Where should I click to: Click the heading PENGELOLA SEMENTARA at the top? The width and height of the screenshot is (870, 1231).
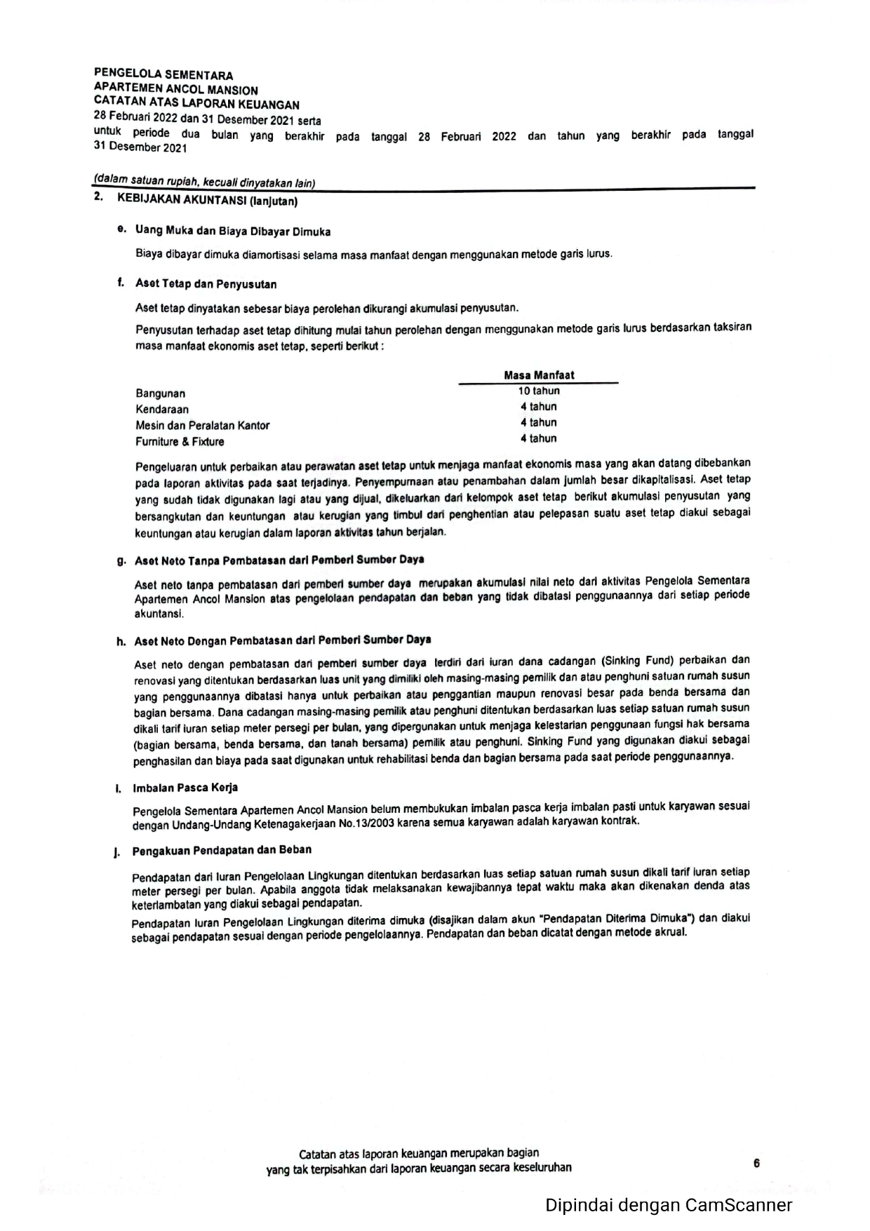[x=163, y=74]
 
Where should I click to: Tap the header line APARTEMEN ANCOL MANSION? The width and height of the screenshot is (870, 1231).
[x=175, y=90]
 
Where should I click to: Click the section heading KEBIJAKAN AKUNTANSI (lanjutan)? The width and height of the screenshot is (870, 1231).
[x=207, y=201]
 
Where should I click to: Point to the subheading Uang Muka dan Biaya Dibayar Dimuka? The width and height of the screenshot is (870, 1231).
[x=232, y=231]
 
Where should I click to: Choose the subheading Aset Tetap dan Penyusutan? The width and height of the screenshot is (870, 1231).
[x=206, y=284]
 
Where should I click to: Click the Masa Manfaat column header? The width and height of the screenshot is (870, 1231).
[x=539, y=375]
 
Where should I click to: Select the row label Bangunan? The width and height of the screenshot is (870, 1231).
[x=161, y=393]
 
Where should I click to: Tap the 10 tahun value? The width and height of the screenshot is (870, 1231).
[x=539, y=391]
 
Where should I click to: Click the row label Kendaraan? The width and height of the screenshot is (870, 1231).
[x=162, y=410]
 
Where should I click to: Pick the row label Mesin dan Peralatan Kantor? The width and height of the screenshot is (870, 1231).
[x=202, y=426]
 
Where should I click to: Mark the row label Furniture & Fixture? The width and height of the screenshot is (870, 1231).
[x=180, y=442]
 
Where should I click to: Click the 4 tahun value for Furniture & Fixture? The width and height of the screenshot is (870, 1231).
[x=539, y=439]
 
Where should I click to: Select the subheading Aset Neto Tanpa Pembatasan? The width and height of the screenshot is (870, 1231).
[x=279, y=560]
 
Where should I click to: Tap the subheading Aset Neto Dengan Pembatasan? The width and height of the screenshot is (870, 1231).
[x=282, y=640]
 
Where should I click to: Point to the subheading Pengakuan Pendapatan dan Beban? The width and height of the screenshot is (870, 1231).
[x=222, y=850]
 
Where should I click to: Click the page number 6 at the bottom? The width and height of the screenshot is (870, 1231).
[x=756, y=1164]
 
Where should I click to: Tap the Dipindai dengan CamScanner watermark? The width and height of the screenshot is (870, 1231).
[x=669, y=1205]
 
